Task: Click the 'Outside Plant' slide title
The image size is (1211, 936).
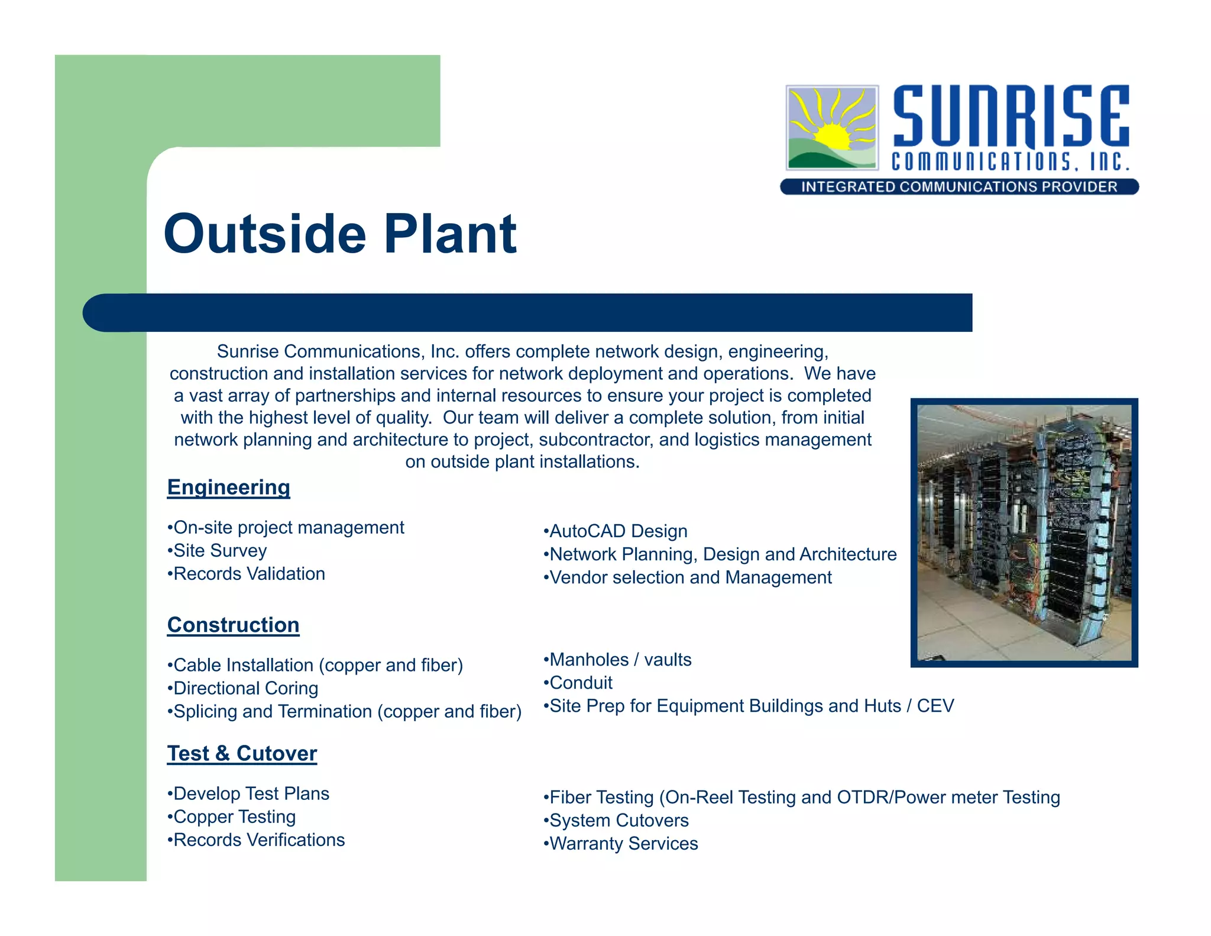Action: point(340,234)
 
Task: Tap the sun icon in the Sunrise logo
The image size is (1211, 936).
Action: point(832,128)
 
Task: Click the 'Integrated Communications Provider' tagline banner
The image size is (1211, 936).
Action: point(959,187)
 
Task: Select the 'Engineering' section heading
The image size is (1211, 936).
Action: point(228,488)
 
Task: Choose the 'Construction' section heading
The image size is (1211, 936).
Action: point(233,625)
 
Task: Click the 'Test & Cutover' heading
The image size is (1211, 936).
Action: point(242,754)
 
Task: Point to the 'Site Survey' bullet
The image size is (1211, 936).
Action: point(217,551)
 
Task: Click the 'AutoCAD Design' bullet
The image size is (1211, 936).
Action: point(616,531)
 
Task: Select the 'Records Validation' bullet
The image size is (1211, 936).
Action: point(246,574)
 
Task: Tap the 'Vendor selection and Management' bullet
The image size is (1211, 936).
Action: point(688,577)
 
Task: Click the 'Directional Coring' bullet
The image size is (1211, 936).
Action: point(243,689)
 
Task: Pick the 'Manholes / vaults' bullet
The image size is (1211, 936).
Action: point(617,660)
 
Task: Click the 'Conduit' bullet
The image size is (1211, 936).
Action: point(578,683)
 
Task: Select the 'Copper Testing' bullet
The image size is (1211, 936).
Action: point(232,817)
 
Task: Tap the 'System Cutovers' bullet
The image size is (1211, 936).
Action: point(616,821)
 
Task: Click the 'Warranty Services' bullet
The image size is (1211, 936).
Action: point(621,844)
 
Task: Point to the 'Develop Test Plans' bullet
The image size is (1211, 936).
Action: point(248,794)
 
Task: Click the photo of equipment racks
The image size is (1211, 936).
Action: point(1024,532)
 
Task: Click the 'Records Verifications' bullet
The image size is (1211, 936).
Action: point(256,840)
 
